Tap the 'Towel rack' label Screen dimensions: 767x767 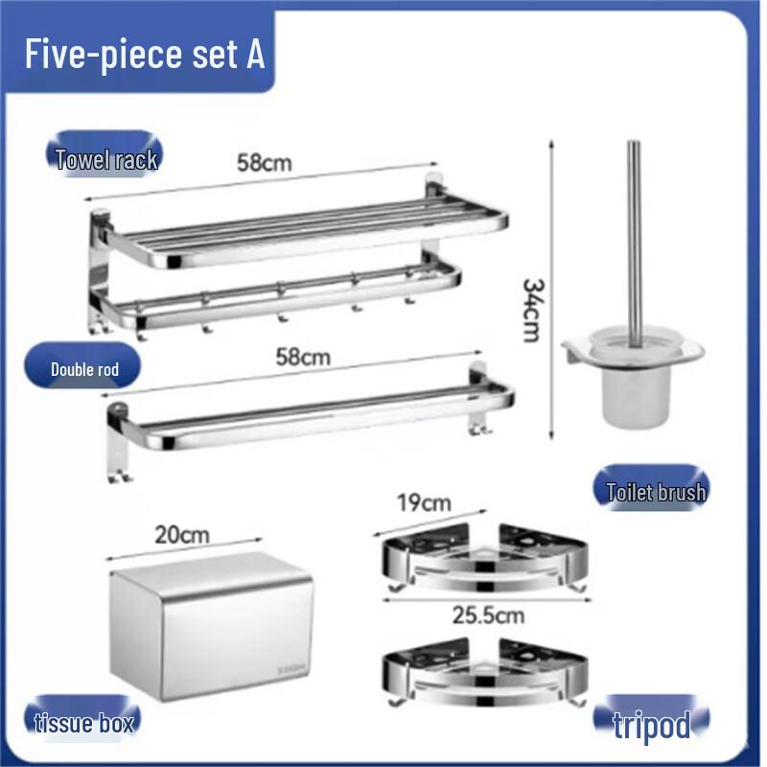tap(106, 159)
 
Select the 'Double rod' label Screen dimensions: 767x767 tap(84, 369)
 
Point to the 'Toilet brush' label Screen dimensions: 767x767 tap(656, 493)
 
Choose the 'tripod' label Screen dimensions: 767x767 tap(652, 724)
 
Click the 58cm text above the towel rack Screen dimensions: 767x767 tap(265, 162)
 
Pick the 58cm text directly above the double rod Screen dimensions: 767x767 tap(303, 358)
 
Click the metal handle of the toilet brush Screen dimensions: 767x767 tap(633, 230)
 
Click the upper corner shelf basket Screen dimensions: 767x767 tap(483, 561)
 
